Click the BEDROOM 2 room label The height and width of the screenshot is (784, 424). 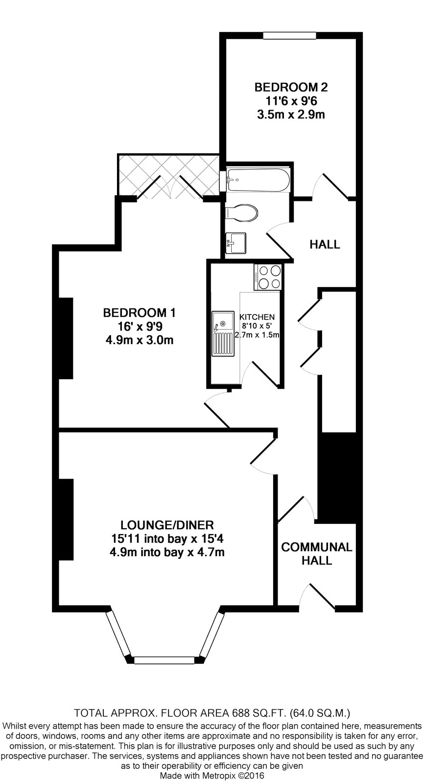pos(291,87)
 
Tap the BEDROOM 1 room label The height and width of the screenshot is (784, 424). pos(139,313)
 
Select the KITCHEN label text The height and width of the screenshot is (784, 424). pos(257,317)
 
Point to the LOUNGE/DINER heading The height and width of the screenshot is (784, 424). pos(167,525)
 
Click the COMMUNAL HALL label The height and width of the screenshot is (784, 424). pos(317,553)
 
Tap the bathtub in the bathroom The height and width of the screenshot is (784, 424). pos(258,179)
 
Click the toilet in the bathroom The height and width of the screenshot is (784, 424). pos(241,213)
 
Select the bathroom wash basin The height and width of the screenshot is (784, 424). pos(236,243)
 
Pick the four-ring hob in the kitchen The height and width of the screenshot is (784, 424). pos(268,277)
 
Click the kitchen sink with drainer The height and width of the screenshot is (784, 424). pos(223,334)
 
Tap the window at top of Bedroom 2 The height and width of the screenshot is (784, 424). pos(289,35)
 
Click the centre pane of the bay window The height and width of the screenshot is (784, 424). pos(164,660)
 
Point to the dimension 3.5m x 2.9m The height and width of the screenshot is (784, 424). pos(291,115)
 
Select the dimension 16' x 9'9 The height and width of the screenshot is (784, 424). pos(140,326)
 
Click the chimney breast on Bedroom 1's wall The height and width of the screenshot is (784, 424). pos(66,338)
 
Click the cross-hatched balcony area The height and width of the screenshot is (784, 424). pos(168,174)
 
